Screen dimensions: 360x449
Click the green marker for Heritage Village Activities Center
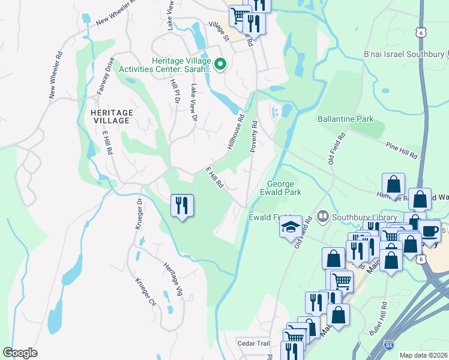coord(220,63)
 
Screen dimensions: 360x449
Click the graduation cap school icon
coord(291,227)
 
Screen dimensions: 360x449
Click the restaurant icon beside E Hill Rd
coord(181,205)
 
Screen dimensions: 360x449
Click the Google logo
coord(20,352)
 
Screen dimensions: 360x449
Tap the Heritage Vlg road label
coord(172,278)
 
